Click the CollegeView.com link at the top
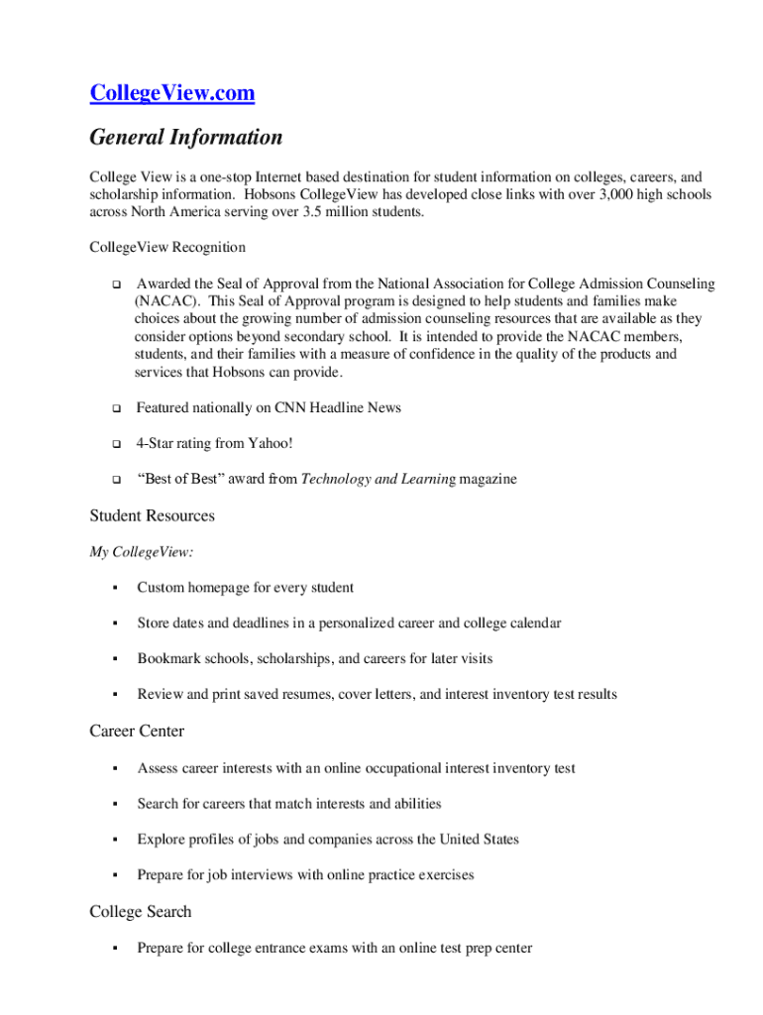pyautogui.click(x=172, y=93)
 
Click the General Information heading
pyautogui.click(x=185, y=137)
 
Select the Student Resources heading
pyautogui.click(x=152, y=515)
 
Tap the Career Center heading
pyautogui.click(x=137, y=732)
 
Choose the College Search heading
pyautogui.click(x=141, y=912)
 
